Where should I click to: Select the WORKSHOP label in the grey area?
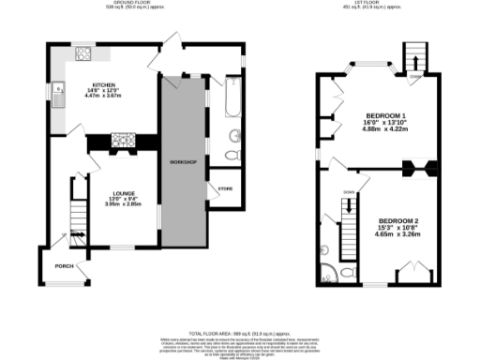[181, 162]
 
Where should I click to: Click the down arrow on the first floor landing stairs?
[348, 217]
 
